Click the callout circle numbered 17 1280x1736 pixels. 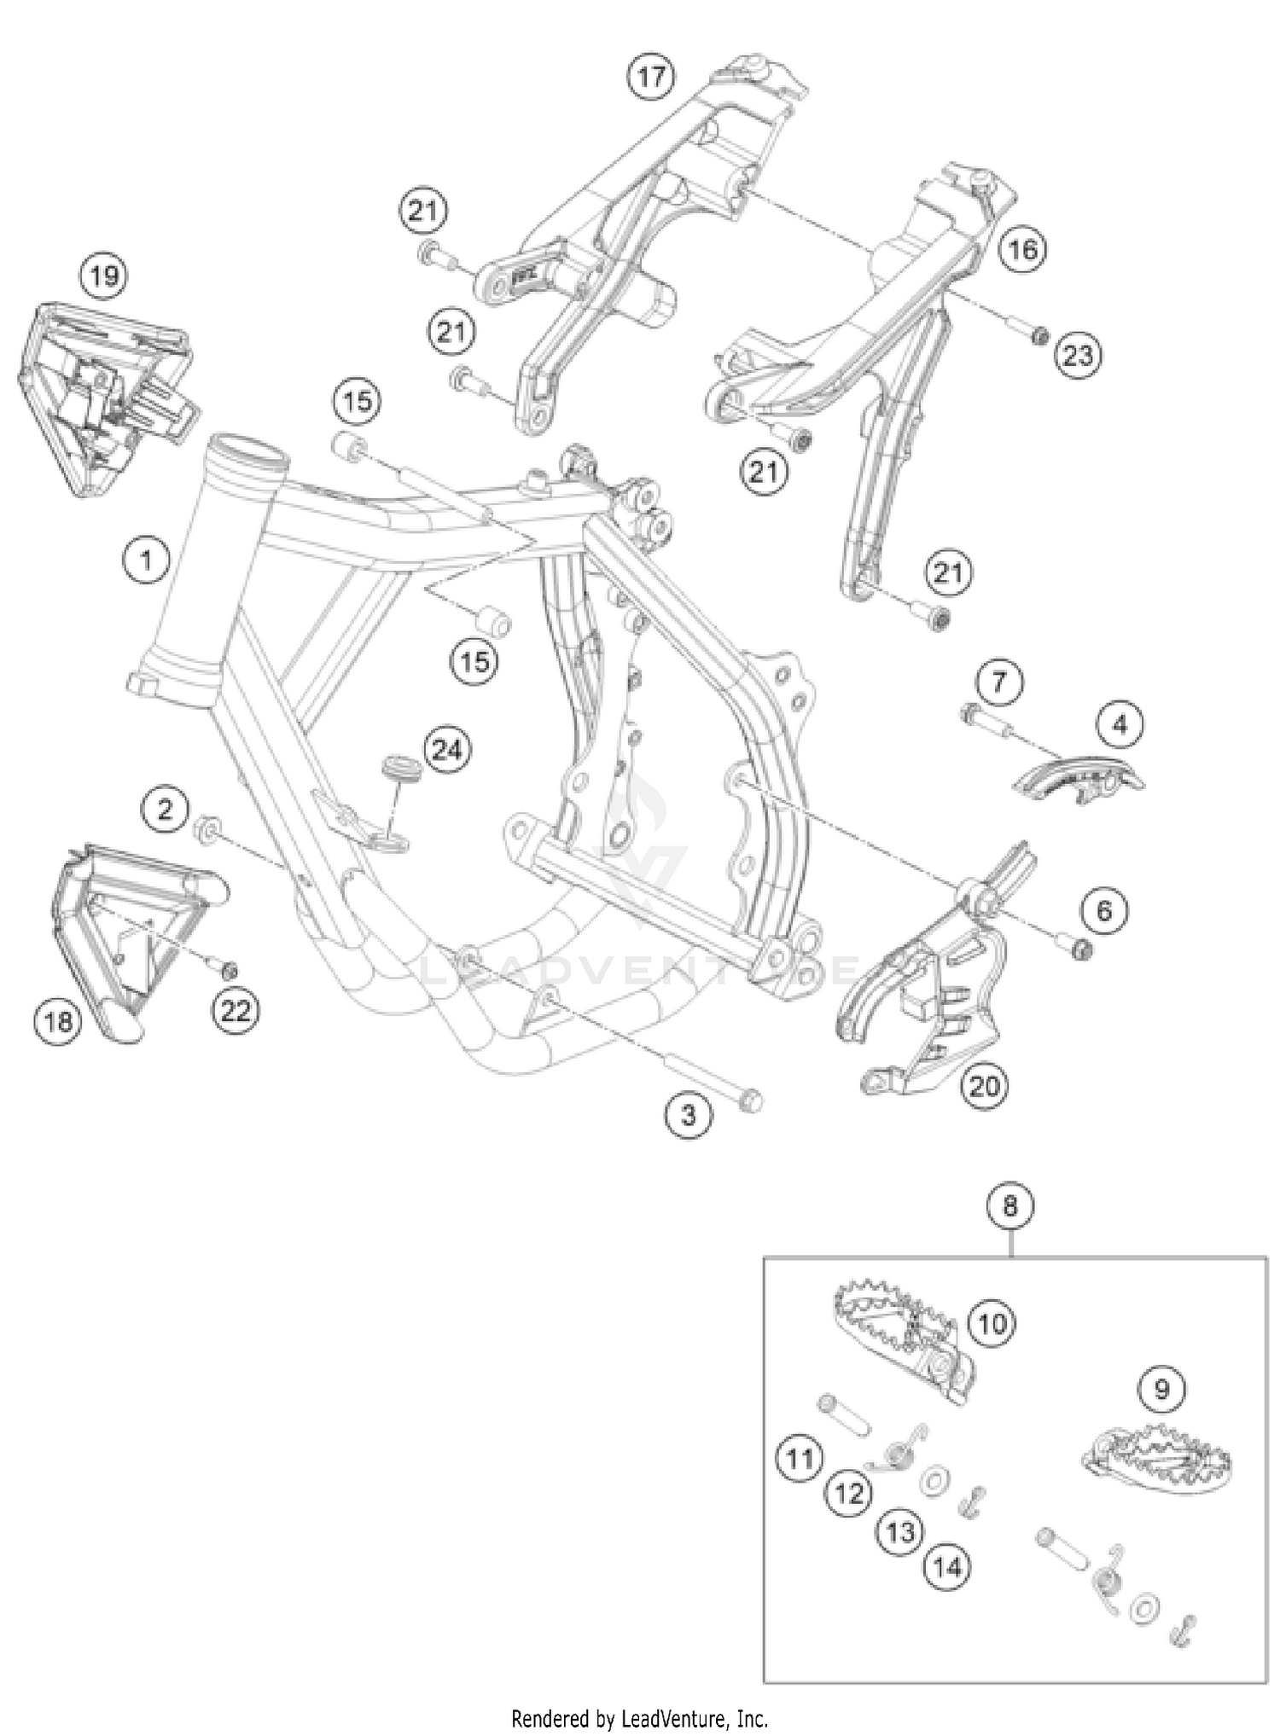pyautogui.click(x=651, y=77)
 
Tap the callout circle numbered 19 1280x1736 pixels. pyautogui.click(x=104, y=276)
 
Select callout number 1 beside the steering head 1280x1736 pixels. pyautogui.click(x=147, y=560)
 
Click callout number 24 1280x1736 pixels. pyautogui.click(x=447, y=750)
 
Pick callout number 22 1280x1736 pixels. pyautogui.click(x=236, y=1011)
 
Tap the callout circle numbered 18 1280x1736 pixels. pyautogui.click(x=58, y=1019)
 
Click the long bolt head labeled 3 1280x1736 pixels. pyautogui.click(x=752, y=1100)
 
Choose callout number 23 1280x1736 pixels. pyautogui.click(x=1078, y=355)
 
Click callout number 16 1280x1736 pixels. pyautogui.click(x=1022, y=249)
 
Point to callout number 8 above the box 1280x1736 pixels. pyautogui.click(x=1010, y=1206)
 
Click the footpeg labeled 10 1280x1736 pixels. pyautogui.click(x=896, y=1338)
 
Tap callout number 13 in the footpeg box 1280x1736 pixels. pyautogui.click(x=900, y=1532)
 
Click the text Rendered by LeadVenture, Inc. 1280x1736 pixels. pyautogui.click(x=639, y=1717)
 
